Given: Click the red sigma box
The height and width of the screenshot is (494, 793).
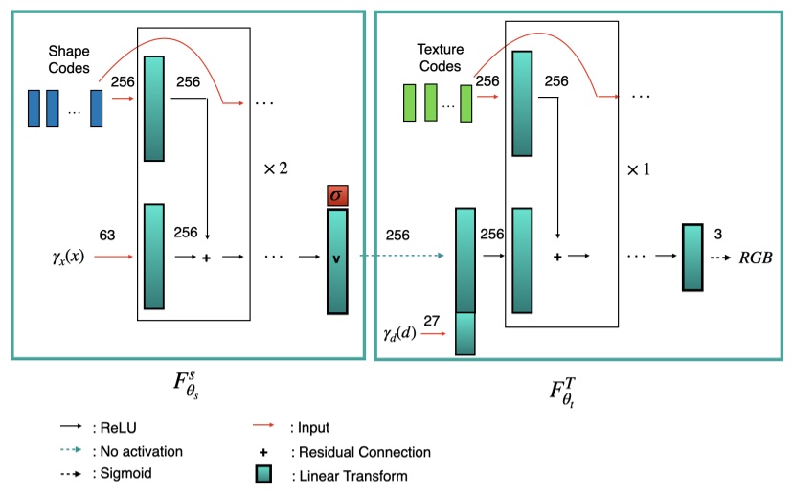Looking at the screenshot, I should tap(336, 196).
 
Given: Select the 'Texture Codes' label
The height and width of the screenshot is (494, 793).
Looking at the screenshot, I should tap(439, 58).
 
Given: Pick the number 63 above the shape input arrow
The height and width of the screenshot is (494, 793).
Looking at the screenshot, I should tap(107, 234).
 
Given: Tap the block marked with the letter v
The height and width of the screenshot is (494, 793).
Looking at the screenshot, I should tap(336, 261).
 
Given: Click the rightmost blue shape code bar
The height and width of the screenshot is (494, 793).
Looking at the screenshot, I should tap(96, 107).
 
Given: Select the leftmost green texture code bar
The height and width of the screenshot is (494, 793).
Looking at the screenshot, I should tap(409, 103).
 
